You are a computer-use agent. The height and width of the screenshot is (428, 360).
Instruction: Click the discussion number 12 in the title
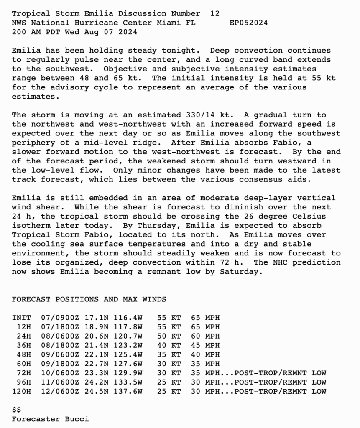click(x=214, y=14)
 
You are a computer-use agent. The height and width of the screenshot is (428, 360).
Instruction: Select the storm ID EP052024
click(x=249, y=23)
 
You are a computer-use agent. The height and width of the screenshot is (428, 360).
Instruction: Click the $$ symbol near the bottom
click(x=17, y=410)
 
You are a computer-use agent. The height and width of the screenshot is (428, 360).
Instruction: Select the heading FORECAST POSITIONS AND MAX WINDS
click(x=89, y=299)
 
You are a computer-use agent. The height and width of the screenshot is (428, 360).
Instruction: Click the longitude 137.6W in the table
click(x=128, y=391)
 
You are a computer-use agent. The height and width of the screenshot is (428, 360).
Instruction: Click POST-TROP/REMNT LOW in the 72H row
click(x=280, y=373)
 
